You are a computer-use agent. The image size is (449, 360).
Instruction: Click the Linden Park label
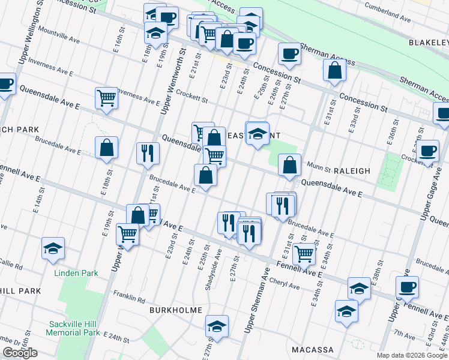pyautogui.click(x=76, y=273)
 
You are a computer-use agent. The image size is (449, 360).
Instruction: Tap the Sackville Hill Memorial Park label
pyautogui.click(x=74, y=328)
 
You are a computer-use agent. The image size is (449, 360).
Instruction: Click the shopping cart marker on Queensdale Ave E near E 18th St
pyautogui.click(x=107, y=98)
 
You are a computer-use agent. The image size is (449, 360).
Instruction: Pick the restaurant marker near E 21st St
pyautogui.click(x=146, y=153)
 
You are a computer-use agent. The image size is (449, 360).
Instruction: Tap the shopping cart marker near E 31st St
pyautogui.click(x=304, y=253)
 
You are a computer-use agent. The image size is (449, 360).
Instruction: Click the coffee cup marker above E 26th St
pyautogui.click(x=289, y=55)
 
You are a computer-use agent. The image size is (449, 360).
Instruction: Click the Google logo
pyautogui.click(x=20, y=353)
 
